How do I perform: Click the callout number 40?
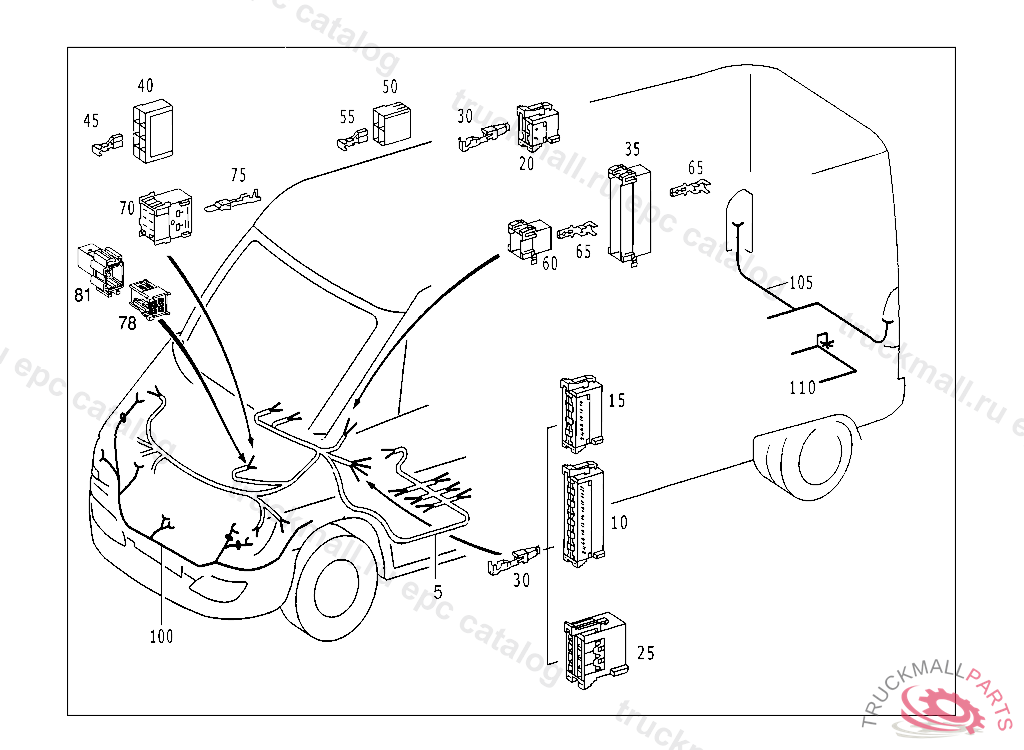click(145, 86)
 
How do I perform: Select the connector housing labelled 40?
click(153, 130)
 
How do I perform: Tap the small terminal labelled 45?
click(104, 148)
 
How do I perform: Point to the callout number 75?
click(238, 176)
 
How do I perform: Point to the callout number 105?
click(801, 282)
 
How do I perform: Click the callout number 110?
click(803, 387)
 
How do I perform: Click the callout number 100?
click(161, 635)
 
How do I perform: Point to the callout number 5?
click(438, 591)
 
